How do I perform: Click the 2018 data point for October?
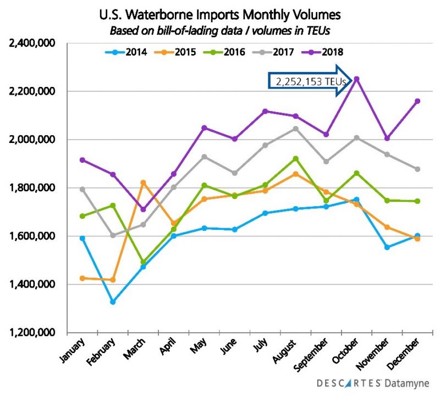click(356, 79)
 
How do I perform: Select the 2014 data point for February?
click(113, 302)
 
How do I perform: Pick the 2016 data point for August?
click(295, 158)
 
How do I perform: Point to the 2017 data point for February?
click(113, 235)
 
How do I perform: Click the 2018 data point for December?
click(417, 101)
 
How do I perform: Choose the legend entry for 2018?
click(325, 52)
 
